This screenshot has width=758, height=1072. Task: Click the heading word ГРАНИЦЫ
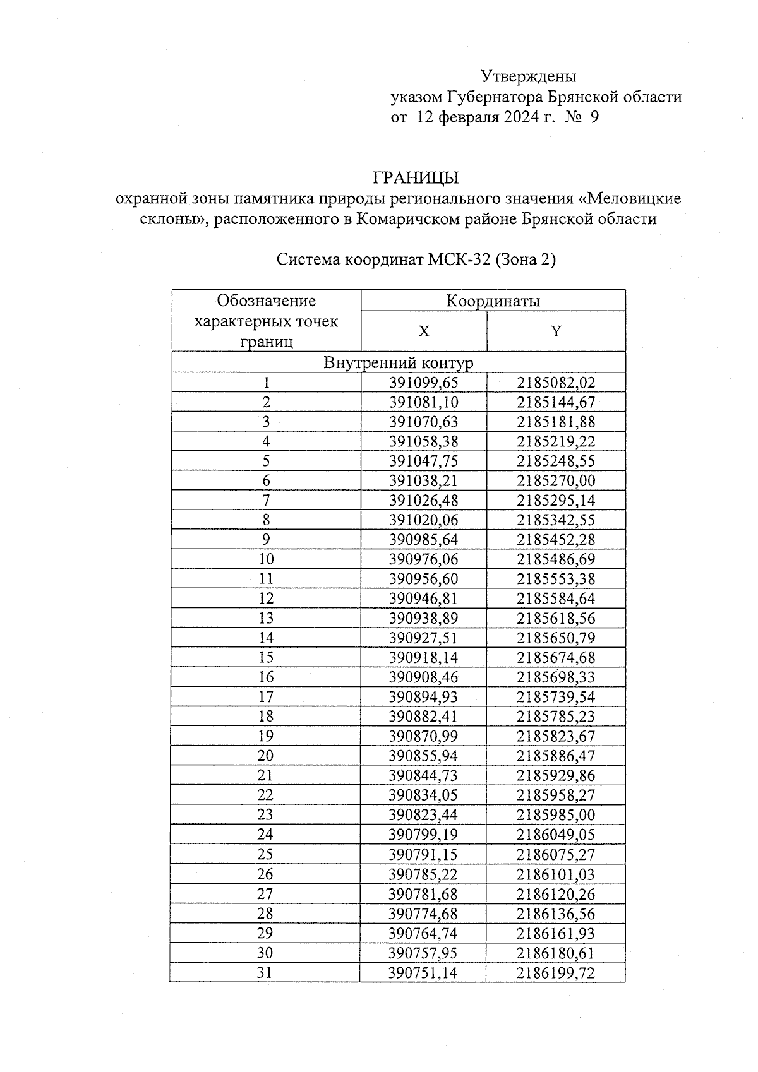[416, 177]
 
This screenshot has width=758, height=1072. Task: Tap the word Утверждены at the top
[529, 76]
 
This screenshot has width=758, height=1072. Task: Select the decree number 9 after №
[594, 117]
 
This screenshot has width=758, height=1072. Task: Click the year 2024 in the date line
[521, 117]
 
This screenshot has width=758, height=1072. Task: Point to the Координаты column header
[493, 301]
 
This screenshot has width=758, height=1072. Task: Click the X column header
[424, 331]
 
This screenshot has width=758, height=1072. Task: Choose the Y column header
[556, 331]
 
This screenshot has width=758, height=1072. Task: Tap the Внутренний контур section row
[398, 363]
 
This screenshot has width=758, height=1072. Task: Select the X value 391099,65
[423, 383]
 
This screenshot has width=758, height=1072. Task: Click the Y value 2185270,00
[556, 481]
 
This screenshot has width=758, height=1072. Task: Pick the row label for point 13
[266, 618]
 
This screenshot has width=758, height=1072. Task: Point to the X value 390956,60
[423, 579]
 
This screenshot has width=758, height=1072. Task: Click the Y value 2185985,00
[556, 815]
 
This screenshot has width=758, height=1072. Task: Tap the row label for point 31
[265, 973]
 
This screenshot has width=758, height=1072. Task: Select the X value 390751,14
[423, 973]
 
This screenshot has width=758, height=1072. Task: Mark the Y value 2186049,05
[556, 835]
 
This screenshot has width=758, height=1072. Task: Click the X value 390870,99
[423, 736]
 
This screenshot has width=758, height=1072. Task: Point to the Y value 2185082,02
[556, 383]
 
